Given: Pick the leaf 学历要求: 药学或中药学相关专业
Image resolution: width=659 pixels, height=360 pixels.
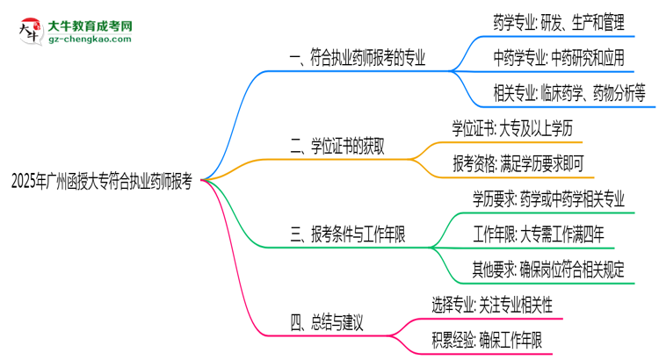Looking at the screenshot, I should click(x=548, y=199).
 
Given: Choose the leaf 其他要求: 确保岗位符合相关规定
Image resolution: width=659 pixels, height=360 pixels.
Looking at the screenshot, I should click(x=547, y=270).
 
